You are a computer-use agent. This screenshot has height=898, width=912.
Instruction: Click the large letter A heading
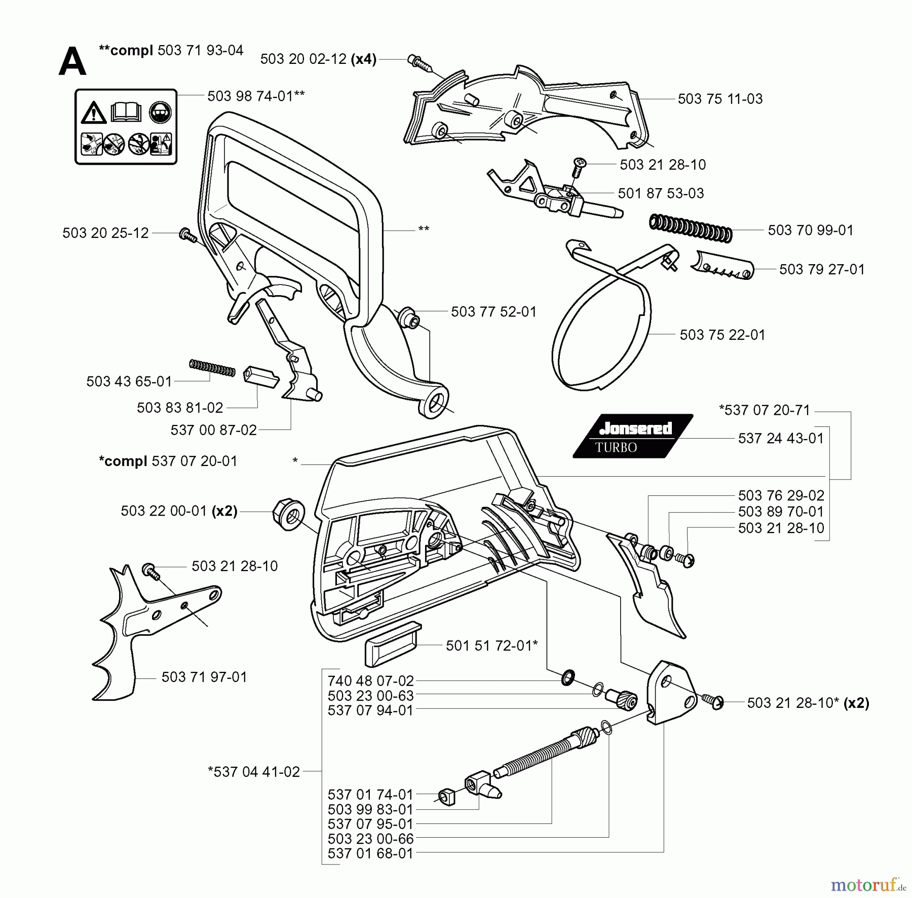point(72,62)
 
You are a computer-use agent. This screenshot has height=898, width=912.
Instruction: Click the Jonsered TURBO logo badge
point(633,437)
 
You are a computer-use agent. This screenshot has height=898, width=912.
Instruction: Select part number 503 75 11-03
point(720,99)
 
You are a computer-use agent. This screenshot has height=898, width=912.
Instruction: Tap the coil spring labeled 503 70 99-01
point(691,228)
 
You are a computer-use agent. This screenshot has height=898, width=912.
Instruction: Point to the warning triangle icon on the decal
point(94,113)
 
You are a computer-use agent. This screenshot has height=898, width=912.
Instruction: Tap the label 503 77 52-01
point(493,311)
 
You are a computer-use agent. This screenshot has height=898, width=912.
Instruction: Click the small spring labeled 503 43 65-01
point(212,368)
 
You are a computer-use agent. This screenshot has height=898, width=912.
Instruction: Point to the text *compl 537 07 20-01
point(168,461)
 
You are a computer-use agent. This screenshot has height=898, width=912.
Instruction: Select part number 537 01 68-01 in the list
point(370,853)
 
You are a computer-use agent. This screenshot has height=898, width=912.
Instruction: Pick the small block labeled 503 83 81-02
point(260,378)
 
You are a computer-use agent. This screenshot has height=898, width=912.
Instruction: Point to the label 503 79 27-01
point(821,269)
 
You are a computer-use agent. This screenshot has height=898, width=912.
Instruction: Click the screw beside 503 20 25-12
point(187,235)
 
